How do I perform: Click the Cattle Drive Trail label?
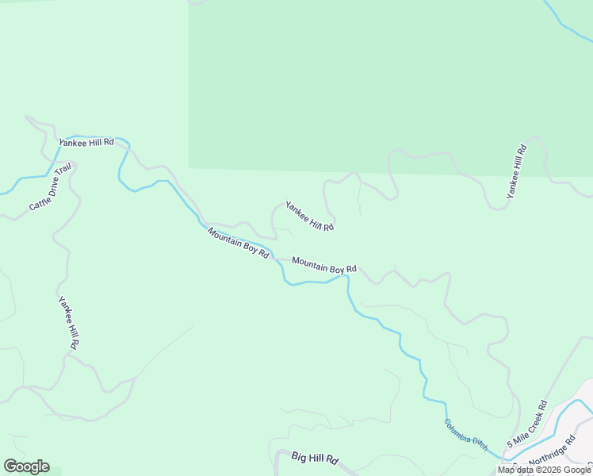pos(51,187)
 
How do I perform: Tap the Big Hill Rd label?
pos(315,459)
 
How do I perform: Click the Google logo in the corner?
pos(26,466)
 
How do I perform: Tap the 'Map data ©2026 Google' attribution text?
pos(545,470)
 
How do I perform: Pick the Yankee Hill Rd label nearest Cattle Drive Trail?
pos(86,142)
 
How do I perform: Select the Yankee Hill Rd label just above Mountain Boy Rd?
pos(309,215)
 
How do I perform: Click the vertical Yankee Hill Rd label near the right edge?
pos(516,171)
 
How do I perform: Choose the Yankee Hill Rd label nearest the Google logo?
pos(68,322)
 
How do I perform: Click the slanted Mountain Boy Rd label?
pos(239,242)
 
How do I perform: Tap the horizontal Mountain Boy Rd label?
pos(323,264)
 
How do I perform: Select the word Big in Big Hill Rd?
pos(299,458)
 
